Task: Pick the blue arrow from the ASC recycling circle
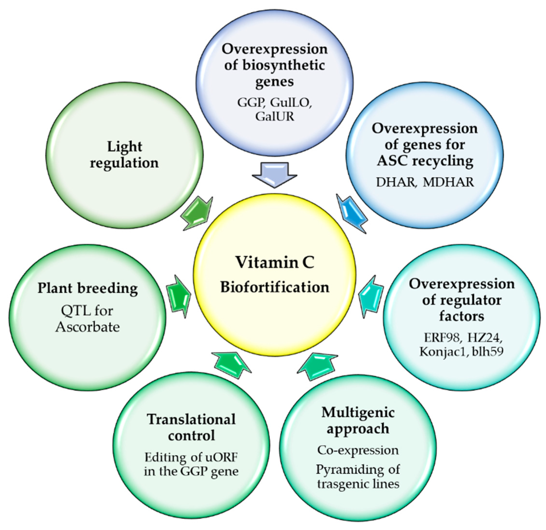pos(352,213)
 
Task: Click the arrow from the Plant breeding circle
pos(179,297)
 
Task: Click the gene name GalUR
pos(275,116)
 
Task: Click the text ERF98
pos(442,338)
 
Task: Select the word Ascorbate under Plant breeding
pos(87,327)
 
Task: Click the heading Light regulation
pos(124,155)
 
